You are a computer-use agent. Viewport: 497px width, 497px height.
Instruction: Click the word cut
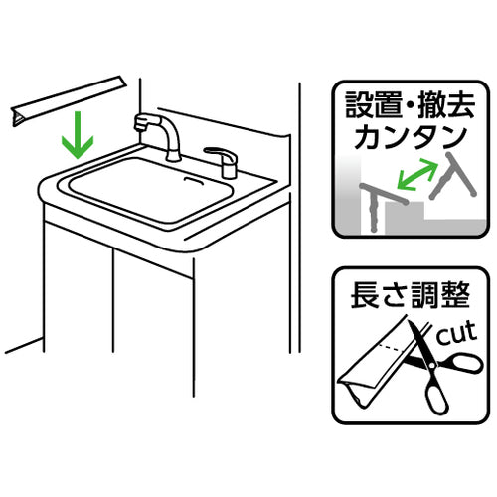pos(459,330)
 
